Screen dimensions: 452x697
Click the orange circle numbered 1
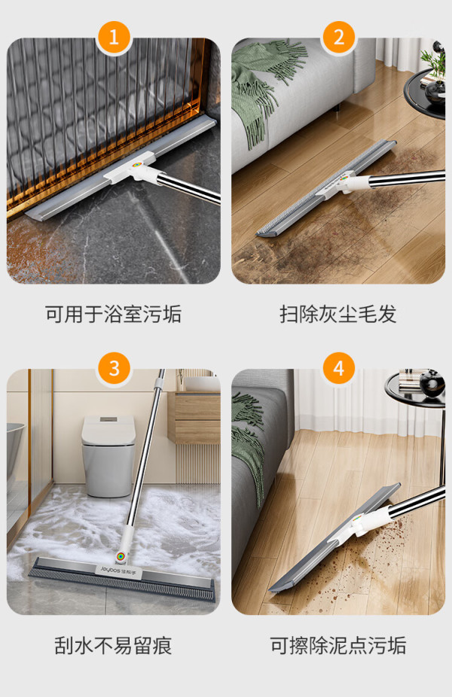(x=114, y=36)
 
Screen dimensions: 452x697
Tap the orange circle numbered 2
(x=338, y=36)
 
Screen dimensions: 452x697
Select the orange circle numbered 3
(x=114, y=368)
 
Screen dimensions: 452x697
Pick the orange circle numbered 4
(x=338, y=368)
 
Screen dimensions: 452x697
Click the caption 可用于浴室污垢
(x=114, y=314)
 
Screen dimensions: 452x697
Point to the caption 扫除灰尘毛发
(x=338, y=314)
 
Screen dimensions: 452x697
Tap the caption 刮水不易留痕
(x=114, y=645)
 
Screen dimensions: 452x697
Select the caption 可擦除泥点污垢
(x=338, y=645)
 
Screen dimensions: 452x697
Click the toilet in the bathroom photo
(x=108, y=455)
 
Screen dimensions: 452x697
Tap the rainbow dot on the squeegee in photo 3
(x=120, y=555)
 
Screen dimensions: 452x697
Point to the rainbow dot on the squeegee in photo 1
(x=137, y=165)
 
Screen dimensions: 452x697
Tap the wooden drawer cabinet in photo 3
(x=194, y=418)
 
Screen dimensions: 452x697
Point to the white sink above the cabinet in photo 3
(x=203, y=383)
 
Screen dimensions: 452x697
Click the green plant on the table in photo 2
(x=434, y=62)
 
